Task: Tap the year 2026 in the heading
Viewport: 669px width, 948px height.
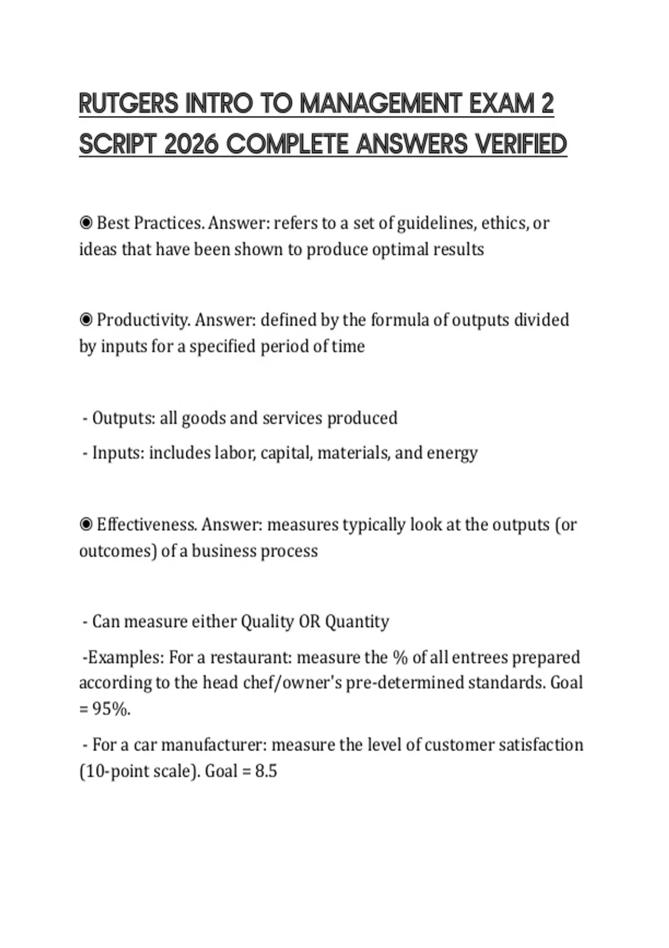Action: click(191, 144)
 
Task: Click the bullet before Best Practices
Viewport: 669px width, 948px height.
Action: click(86, 223)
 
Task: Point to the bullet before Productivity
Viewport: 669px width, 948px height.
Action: click(86, 320)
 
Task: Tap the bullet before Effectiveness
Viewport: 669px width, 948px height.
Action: click(86, 525)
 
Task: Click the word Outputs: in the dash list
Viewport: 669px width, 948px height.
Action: click(124, 418)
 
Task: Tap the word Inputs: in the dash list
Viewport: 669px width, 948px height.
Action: click(118, 453)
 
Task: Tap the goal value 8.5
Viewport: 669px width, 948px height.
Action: click(266, 771)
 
